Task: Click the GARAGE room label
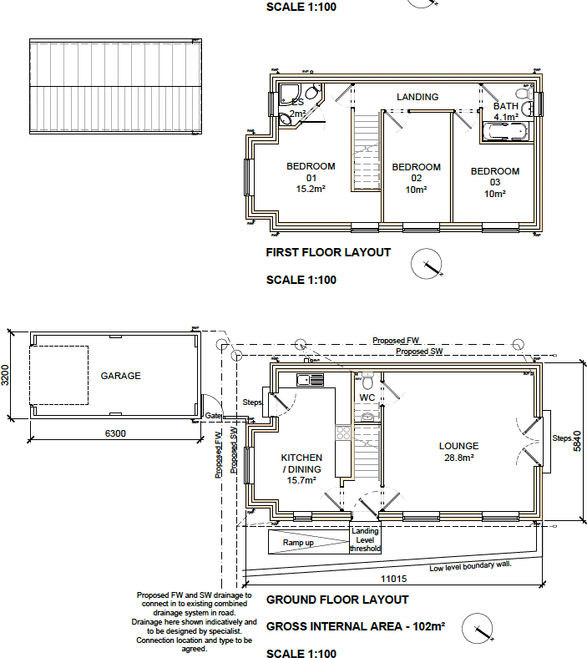pyautogui.click(x=121, y=376)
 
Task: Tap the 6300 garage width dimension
pyautogui.click(x=116, y=433)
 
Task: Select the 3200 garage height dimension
pyautogui.click(x=7, y=375)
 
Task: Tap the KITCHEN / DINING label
pyautogui.click(x=301, y=468)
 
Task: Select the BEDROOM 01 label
pyautogui.click(x=311, y=177)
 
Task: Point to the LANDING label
pyautogui.click(x=417, y=97)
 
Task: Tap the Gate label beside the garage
pyautogui.click(x=213, y=416)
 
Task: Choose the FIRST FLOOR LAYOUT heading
pyautogui.click(x=327, y=252)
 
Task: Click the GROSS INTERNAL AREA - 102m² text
pyautogui.click(x=355, y=625)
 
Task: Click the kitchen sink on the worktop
pyautogui.click(x=311, y=381)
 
